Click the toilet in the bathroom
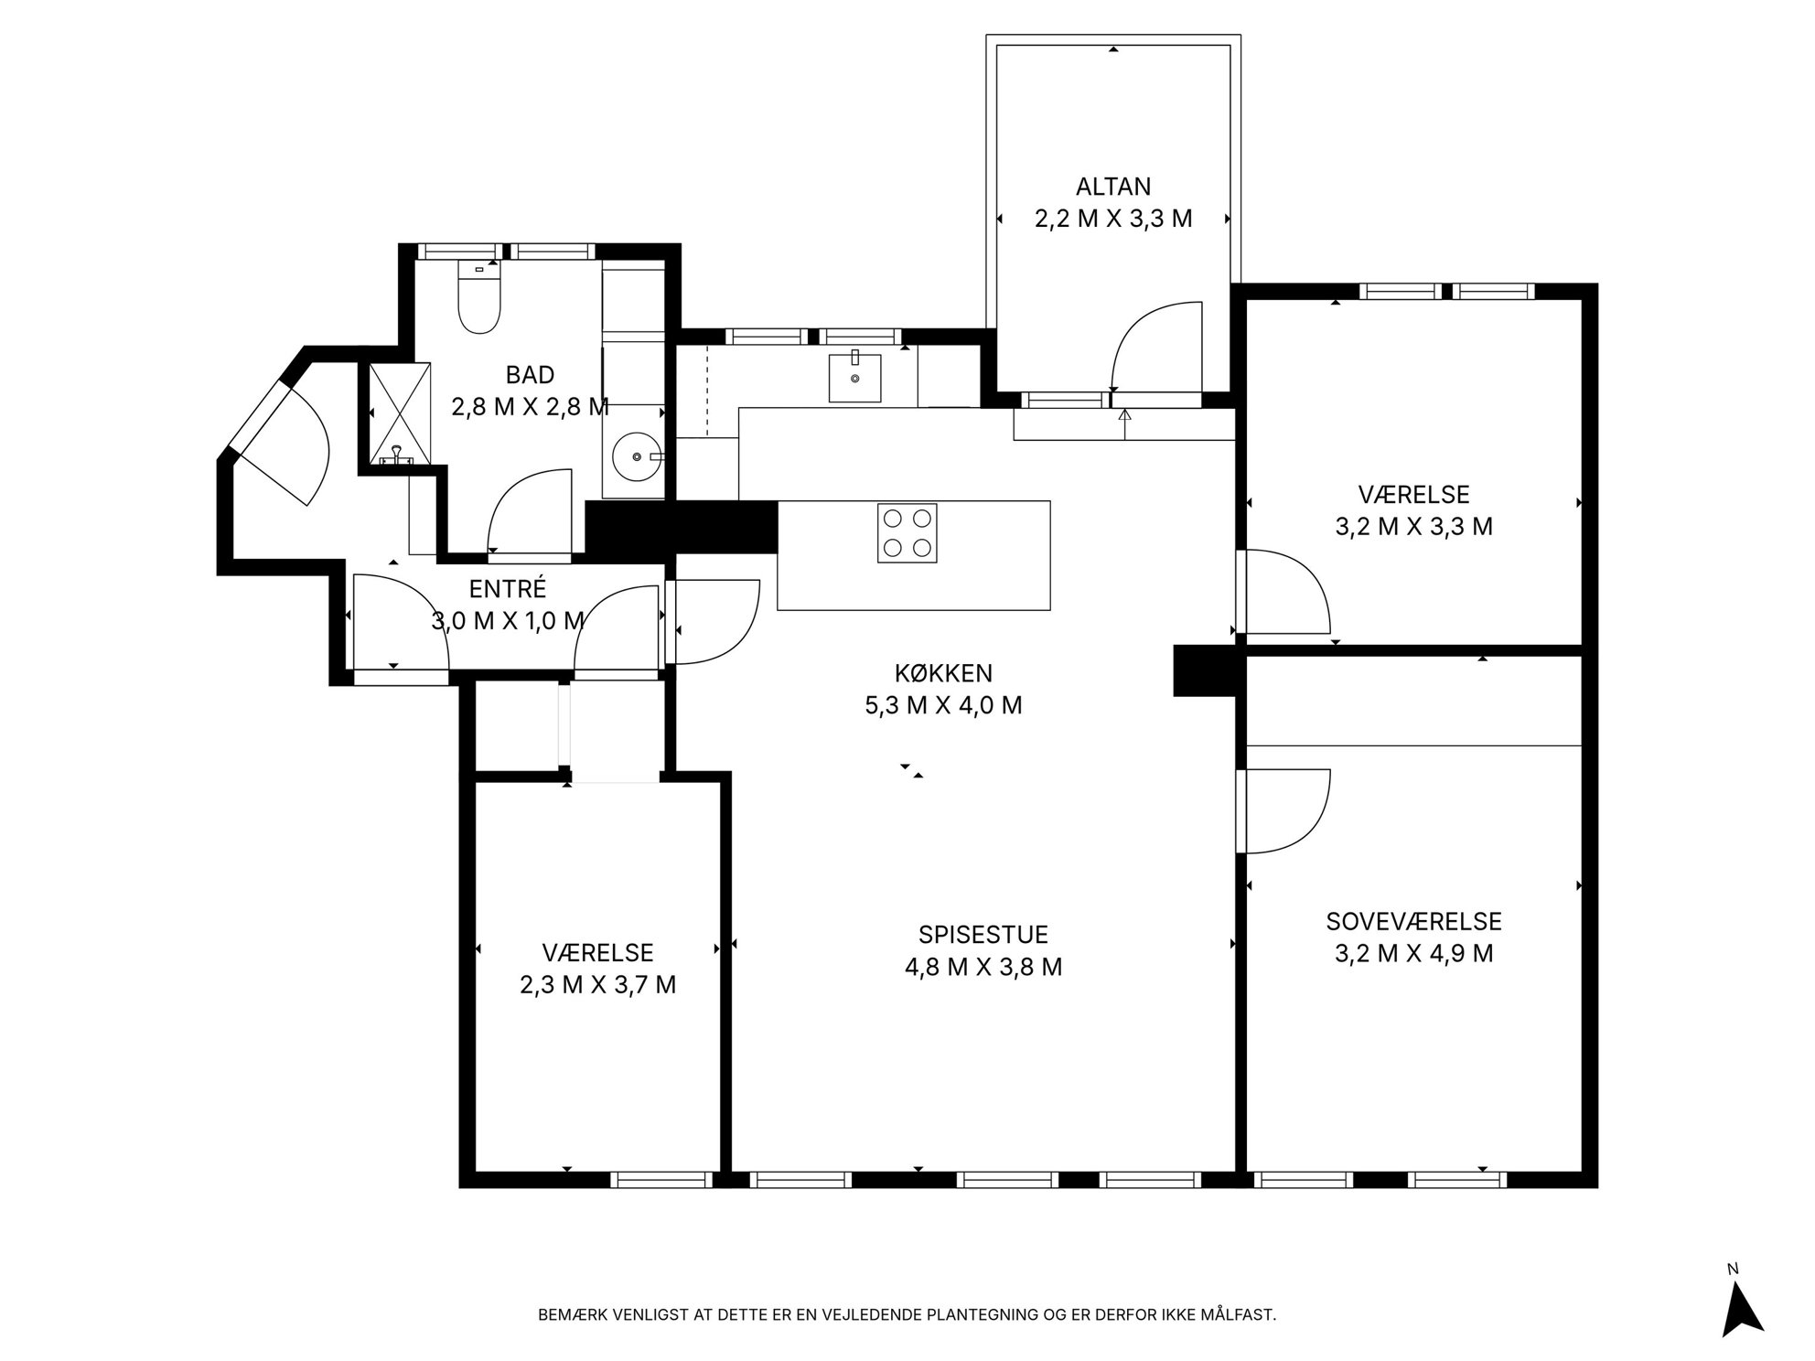point(479,296)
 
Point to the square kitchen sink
point(855,378)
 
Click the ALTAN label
point(1113,187)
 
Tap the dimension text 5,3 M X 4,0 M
point(943,705)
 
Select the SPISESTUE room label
point(983,934)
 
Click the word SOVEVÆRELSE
point(1413,921)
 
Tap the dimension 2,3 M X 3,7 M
point(598,984)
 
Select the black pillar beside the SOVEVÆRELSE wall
point(1206,670)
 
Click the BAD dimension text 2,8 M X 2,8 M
point(530,406)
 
